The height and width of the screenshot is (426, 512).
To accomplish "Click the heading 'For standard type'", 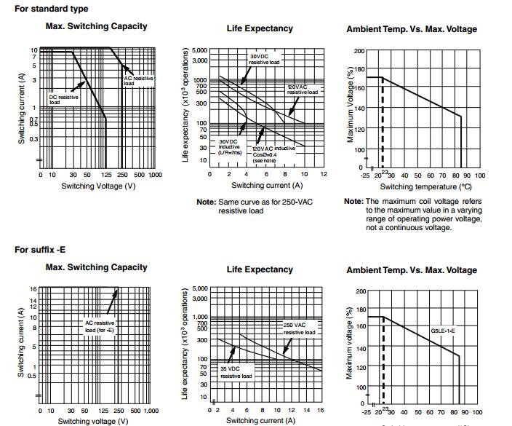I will pyautogui.click(x=52, y=9).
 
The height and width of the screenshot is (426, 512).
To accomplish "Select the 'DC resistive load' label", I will pyautogui.click(x=63, y=99).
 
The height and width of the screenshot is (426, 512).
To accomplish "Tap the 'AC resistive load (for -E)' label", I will pyautogui.click(x=100, y=326).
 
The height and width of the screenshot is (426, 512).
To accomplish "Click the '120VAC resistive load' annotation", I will pyautogui.click(x=302, y=90).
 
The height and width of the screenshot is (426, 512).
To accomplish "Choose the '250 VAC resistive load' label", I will pyautogui.click(x=300, y=328).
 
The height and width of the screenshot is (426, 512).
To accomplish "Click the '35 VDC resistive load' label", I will pyautogui.click(x=236, y=372).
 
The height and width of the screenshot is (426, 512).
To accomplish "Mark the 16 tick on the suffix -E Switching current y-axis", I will pyautogui.click(x=33, y=289).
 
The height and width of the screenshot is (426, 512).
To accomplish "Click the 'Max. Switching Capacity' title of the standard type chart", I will pyautogui.click(x=96, y=26).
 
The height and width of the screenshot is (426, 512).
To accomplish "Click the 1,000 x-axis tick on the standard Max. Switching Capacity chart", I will pyautogui.click(x=154, y=175).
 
